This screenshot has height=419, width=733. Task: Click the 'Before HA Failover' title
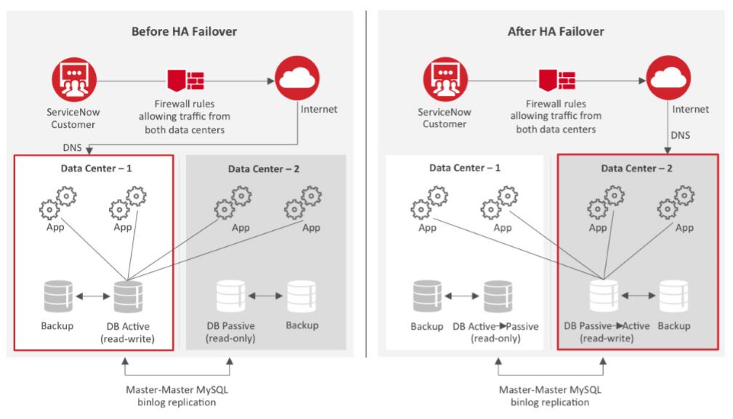click(x=184, y=31)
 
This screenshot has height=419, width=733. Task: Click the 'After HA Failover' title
click(x=556, y=31)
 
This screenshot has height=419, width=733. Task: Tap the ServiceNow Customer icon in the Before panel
click(x=74, y=80)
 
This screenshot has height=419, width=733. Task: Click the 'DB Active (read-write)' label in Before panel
click(x=127, y=332)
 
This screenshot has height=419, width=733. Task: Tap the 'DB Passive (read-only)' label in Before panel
click(x=230, y=332)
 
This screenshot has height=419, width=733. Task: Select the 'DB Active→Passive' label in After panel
click(x=495, y=327)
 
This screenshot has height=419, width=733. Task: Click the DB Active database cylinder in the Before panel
click(x=127, y=296)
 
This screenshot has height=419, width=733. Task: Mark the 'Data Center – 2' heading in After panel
click(x=638, y=168)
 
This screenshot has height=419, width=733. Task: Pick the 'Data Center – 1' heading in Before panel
click(x=91, y=168)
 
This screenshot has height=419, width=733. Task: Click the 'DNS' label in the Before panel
click(x=73, y=147)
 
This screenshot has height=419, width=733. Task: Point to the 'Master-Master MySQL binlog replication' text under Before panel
click(x=178, y=396)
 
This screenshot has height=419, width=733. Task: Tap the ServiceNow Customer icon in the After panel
click(x=445, y=80)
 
